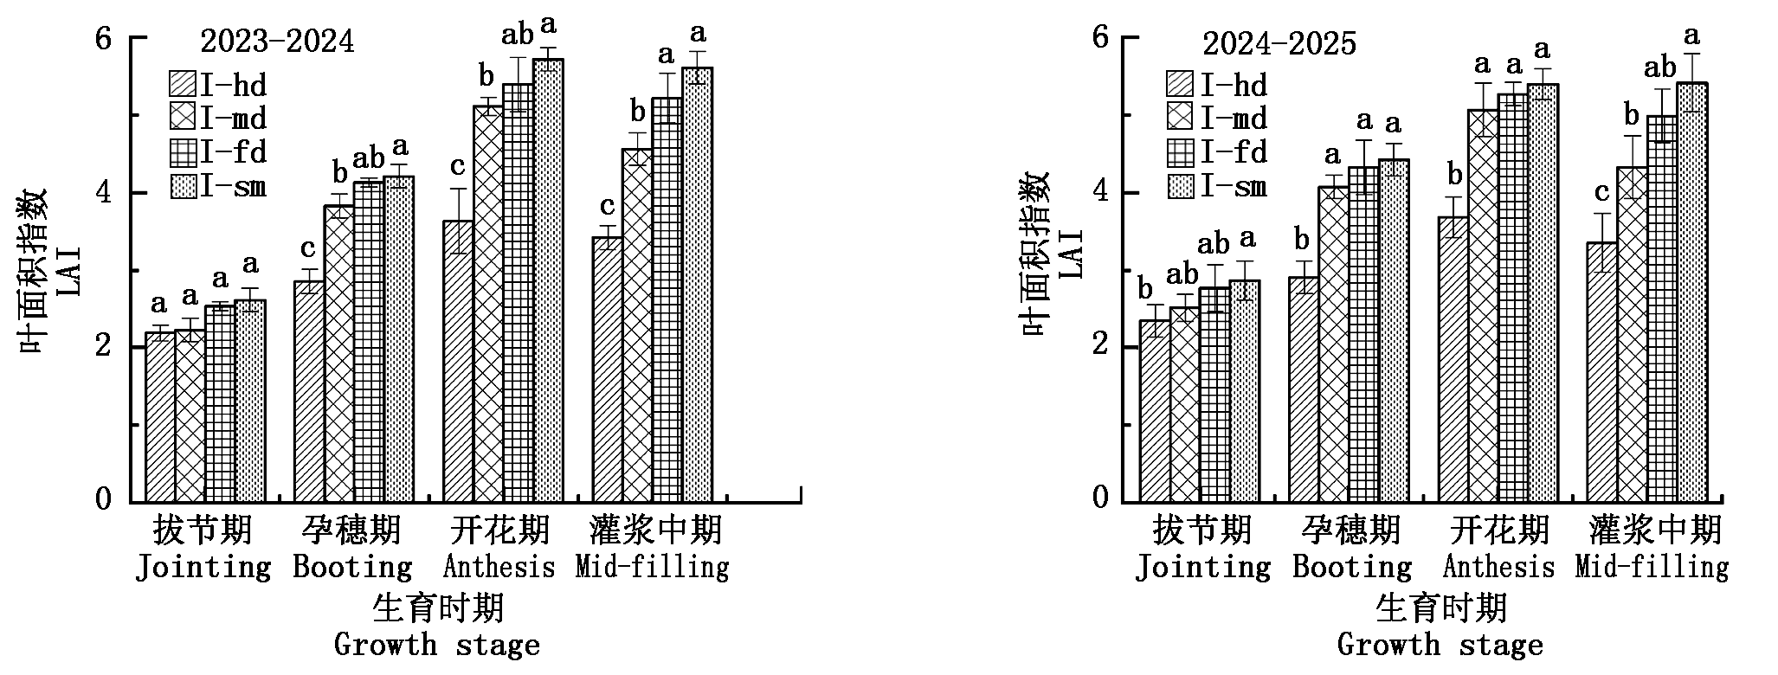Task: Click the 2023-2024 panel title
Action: [x=277, y=42]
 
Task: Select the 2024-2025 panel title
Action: [x=1279, y=43]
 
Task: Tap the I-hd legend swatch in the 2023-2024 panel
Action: [x=183, y=84]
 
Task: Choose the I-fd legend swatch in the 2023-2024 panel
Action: [x=183, y=152]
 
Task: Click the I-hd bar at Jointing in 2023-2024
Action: [x=160, y=417]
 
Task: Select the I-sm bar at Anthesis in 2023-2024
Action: [x=548, y=280]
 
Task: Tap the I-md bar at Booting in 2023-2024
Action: [x=338, y=354]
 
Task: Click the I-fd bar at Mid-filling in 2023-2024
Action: [x=667, y=300]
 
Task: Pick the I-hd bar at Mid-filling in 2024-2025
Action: [x=1602, y=372]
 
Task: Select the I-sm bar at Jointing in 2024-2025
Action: [x=1244, y=391]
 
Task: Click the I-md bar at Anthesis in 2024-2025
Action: [x=1483, y=305]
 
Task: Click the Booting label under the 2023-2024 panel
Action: [x=352, y=568]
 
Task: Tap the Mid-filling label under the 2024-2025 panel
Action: [x=1652, y=568]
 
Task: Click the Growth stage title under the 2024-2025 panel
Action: [x=1440, y=645]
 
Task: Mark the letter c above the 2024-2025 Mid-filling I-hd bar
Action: [x=1602, y=192]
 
